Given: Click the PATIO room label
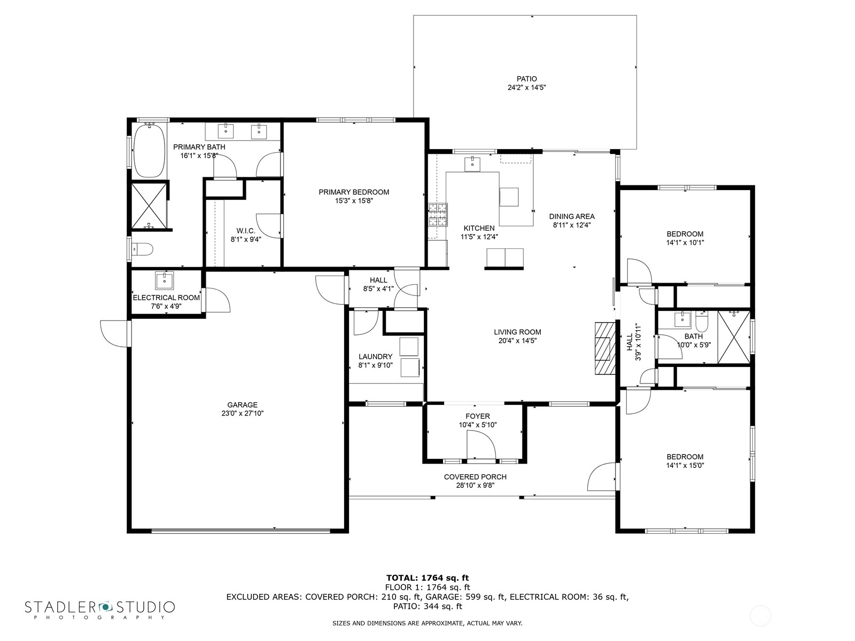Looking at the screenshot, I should click(526, 79).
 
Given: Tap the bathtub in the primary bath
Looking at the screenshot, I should click(149, 151).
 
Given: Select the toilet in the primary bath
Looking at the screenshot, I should click(143, 249).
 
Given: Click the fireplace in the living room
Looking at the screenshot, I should click(603, 349).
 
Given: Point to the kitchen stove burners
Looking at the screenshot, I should click(437, 216).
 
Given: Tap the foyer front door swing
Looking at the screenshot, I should click(479, 444).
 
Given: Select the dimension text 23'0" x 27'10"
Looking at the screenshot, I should click(242, 413).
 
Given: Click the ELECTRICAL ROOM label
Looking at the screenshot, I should click(166, 298).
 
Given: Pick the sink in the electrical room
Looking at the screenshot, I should click(164, 279).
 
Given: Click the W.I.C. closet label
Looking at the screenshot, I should click(246, 231).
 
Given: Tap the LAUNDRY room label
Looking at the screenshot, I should click(375, 357).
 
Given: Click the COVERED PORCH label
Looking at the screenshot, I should click(475, 477).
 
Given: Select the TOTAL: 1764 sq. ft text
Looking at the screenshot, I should click(428, 577).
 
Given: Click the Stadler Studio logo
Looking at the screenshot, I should click(100, 608).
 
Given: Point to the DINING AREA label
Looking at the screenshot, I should click(572, 216).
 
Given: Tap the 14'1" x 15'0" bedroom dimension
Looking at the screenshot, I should click(685, 465).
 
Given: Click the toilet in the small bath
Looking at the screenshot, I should click(702, 322).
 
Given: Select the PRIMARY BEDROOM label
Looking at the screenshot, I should click(354, 192).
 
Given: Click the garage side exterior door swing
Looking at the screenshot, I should click(114, 333).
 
